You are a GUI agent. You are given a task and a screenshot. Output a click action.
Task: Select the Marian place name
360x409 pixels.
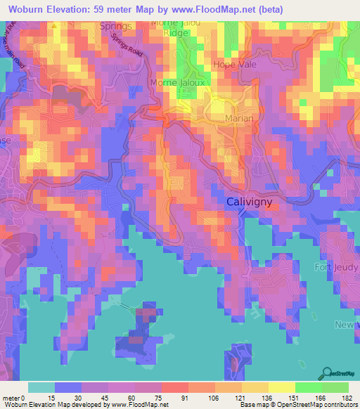coord(239,119)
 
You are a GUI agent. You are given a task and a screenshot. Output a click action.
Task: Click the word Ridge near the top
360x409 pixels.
coord(176,32)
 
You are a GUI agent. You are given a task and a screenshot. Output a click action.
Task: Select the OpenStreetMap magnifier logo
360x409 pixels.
coord(326,373)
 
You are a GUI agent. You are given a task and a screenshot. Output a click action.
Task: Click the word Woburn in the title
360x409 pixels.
coord(27,8)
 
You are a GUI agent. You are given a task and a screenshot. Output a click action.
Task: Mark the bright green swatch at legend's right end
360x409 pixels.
coord(335,387)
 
